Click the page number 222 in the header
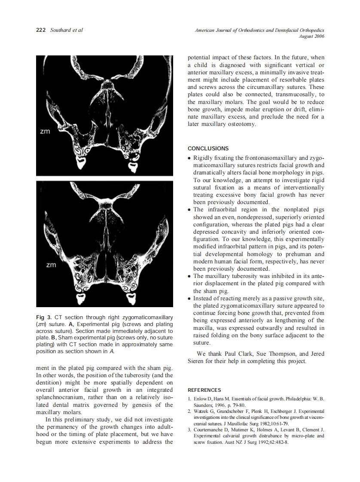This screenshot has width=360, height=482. tap(41, 30)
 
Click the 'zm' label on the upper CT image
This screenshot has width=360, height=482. tap(45, 131)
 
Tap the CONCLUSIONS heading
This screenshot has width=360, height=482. tap(208, 149)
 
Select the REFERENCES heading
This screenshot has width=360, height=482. tap(204, 390)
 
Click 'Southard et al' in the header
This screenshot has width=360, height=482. tap(67, 30)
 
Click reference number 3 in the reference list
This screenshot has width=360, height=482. tap(190, 430)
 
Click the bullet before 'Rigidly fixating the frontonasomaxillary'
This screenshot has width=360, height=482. tap(189, 159)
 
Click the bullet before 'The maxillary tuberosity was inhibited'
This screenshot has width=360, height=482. tap(189, 276)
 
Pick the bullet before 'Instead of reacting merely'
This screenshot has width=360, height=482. tap(189, 299)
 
